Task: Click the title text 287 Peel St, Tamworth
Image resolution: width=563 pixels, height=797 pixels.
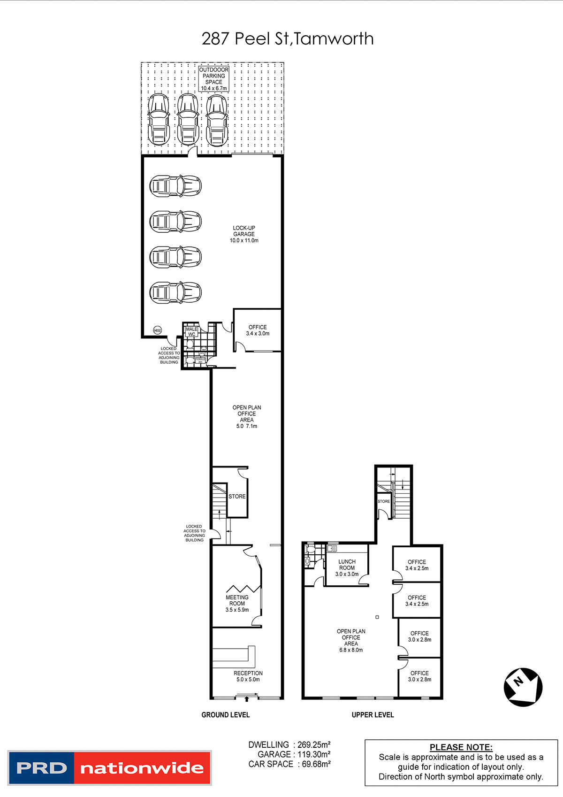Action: point(288,38)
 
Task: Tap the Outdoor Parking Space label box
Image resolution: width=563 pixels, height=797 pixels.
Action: point(214,79)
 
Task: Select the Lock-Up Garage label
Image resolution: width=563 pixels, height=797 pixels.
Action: point(244,234)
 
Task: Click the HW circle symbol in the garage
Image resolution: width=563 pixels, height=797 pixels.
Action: point(158,330)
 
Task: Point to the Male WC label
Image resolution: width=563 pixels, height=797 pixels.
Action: point(191,332)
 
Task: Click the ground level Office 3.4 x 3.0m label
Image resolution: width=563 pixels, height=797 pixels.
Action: point(258,330)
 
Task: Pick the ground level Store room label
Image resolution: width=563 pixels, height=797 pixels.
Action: point(237,497)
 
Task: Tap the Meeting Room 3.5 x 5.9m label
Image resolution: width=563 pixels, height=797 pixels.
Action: point(237,604)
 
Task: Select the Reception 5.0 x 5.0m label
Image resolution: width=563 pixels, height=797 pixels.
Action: point(248,676)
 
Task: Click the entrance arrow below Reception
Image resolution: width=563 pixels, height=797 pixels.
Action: point(247,699)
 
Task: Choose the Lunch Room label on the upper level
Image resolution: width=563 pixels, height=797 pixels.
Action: point(347,568)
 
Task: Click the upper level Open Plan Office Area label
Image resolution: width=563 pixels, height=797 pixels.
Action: point(351,641)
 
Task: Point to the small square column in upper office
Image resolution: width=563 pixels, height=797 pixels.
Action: point(377,617)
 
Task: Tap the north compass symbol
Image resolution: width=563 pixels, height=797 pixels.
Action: point(523,687)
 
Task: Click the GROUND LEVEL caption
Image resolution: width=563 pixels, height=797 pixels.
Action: point(226,715)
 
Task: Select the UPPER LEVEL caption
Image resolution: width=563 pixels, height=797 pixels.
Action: point(373,715)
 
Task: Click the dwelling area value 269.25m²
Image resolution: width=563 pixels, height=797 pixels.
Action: point(314,745)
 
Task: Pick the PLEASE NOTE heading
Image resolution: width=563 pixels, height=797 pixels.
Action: point(461,747)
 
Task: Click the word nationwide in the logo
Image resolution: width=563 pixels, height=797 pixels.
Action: point(142,768)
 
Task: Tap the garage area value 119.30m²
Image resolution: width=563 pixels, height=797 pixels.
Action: point(314,754)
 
